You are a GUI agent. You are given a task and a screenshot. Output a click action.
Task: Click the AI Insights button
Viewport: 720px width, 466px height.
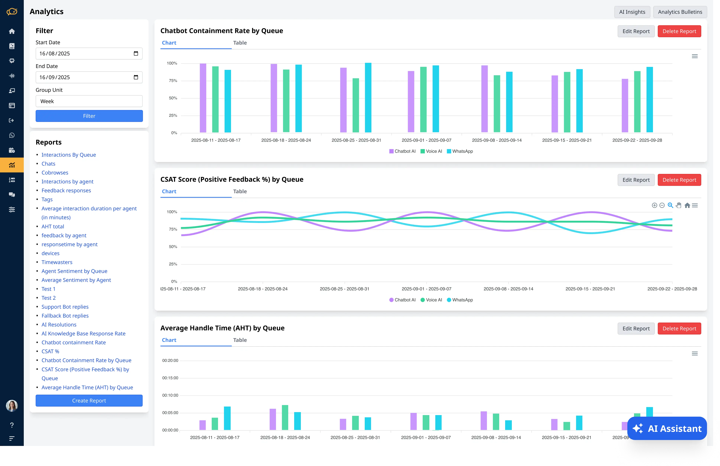point(632,12)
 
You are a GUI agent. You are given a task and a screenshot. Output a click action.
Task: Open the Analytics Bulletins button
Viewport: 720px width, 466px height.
point(680,12)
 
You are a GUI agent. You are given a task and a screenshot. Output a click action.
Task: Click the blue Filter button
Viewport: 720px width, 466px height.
point(89,116)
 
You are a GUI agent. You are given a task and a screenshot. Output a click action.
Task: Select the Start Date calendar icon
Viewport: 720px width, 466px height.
point(136,54)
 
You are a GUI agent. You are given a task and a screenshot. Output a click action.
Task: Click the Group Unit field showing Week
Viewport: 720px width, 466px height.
point(89,101)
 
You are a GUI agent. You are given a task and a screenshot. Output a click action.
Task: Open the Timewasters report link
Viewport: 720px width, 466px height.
point(57,262)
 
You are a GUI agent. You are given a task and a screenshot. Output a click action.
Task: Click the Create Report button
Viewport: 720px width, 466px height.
point(89,400)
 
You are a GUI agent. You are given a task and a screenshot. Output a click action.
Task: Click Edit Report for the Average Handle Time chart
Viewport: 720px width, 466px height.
point(636,328)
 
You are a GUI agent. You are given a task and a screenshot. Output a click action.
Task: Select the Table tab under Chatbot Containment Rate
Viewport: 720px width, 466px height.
point(240,43)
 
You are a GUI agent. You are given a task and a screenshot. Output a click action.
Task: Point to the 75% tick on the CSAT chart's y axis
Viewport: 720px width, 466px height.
point(173,229)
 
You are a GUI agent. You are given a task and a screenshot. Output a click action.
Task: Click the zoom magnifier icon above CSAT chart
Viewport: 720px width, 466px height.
point(670,205)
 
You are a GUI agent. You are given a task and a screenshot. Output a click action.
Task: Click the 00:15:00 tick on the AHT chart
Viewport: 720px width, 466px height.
point(170,378)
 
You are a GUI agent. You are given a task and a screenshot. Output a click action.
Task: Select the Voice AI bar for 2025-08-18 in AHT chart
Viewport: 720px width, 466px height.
point(285,417)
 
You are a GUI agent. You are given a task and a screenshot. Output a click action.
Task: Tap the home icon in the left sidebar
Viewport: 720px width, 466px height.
point(12,31)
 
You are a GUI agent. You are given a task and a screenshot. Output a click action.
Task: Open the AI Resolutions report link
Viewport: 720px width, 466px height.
point(59,324)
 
